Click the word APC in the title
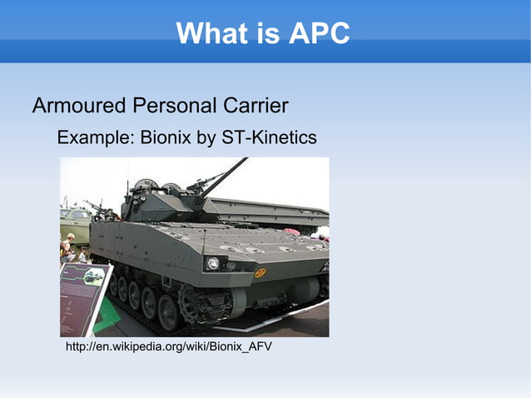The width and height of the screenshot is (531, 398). [x=320, y=33]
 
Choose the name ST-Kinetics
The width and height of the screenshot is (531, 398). [x=269, y=137]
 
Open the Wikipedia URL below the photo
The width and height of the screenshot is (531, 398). [x=168, y=346]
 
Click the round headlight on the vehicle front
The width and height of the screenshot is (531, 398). [x=213, y=263]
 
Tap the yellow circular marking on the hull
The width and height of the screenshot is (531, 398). [x=260, y=273]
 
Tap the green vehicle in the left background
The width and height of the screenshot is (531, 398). [x=75, y=222]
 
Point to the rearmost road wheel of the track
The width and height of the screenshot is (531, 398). [x=112, y=283]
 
